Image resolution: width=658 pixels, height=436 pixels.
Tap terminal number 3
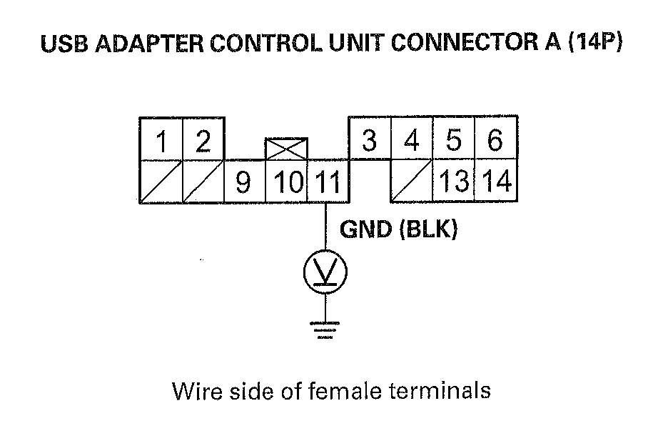pyautogui.click(x=369, y=139)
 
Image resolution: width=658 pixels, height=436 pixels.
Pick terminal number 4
pyautogui.click(x=411, y=139)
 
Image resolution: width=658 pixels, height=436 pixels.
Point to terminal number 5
pyautogui.click(x=454, y=139)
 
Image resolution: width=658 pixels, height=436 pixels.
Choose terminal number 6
pyautogui.click(x=495, y=139)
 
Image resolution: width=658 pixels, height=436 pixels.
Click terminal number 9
pyautogui.click(x=243, y=182)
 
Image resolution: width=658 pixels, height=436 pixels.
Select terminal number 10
pyautogui.click(x=287, y=182)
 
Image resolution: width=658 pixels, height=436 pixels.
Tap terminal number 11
pyautogui.click(x=328, y=182)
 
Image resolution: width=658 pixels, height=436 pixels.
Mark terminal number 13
pyautogui.click(x=454, y=182)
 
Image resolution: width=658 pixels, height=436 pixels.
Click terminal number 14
pyautogui.click(x=495, y=182)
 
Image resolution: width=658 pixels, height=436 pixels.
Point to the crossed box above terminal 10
pyautogui.click(x=286, y=149)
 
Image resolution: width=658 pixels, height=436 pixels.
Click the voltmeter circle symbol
pyautogui.click(x=326, y=271)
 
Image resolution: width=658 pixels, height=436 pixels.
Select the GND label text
pyautogui.click(x=365, y=230)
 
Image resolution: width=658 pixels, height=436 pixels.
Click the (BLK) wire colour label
pyautogui.click(x=428, y=230)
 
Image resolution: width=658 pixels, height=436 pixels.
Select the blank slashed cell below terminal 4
pyautogui.click(x=411, y=182)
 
